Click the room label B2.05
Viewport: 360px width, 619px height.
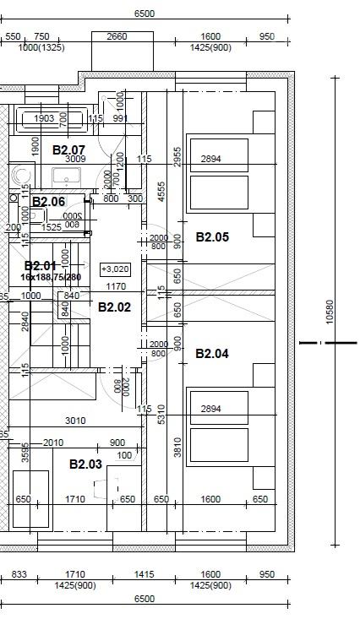tap(212, 237)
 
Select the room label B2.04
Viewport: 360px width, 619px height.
tap(212, 354)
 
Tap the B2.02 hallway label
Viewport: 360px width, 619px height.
tap(114, 307)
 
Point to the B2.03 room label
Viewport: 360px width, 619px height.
tap(85, 464)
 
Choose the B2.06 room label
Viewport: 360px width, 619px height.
tap(48, 202)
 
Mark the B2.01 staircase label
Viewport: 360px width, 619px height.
tap(41, 266)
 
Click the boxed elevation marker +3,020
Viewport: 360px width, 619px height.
tap(115, 269)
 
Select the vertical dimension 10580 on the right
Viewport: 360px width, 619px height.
tap(330, 312)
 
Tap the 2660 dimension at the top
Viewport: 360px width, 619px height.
tap(117, 36)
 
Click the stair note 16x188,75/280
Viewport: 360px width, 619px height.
tap(51, 277)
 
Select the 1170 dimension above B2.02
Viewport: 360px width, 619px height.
tap(115, 287)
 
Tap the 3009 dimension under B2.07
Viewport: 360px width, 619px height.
tap(75, 159)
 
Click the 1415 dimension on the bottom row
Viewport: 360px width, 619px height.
tap(145, 575)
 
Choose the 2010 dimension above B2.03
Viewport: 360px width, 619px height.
tap(53, 443)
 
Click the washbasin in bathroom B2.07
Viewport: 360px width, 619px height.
tap(66, 176)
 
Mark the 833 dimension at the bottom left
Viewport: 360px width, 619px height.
tap(19, 575)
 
